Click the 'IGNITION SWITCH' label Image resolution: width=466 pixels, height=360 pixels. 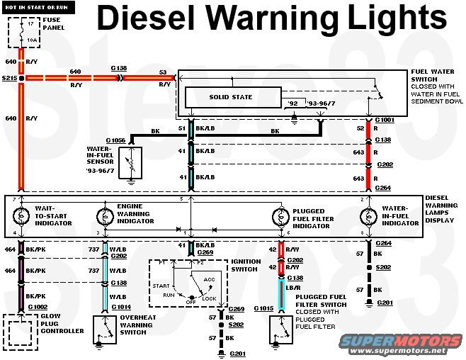[x=245, y=266]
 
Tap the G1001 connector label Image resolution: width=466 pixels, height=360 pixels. [x=385, y=120]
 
